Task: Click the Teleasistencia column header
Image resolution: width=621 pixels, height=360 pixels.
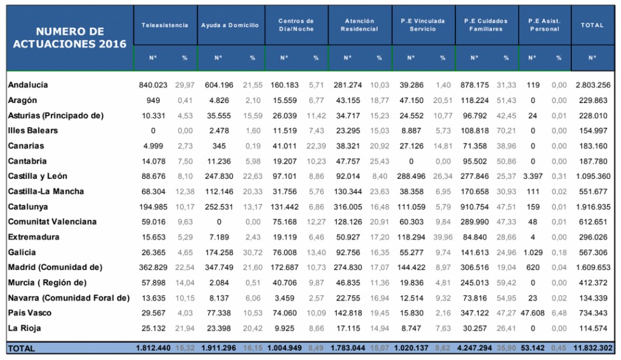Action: click(x=165, y=25)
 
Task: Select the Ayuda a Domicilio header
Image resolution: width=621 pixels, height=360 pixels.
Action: click(x=230, y=25)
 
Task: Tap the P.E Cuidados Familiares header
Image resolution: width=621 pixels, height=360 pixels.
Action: click(x=486, y=25)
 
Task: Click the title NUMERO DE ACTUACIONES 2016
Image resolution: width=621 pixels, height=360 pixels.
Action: click(x=70, y=38)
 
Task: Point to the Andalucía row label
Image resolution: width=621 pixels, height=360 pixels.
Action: click(x=28, y=85)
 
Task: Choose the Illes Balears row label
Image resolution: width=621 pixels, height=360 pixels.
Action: click(x=33, y=130)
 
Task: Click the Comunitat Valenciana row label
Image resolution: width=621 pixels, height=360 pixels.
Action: click(x=52, y=222)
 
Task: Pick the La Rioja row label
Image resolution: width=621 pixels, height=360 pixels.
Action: click(x=24, y=328)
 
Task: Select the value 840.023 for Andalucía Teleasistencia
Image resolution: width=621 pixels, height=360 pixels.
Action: click(x=153, y=85)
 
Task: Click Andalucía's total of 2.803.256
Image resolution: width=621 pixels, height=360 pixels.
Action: click(x=593, y=85)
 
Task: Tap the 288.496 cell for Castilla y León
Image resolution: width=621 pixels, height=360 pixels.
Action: click(x=412, y=176)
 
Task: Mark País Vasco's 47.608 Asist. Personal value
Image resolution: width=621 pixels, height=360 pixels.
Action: click(x=532, y=313)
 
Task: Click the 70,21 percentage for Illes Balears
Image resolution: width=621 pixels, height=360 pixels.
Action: click(x=506, y=131)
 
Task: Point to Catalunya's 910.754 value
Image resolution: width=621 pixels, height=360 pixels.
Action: click(x=474, y=207)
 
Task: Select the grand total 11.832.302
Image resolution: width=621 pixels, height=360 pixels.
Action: click(x=592, y=348)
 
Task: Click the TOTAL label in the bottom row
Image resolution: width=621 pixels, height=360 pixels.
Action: click(x=21, y=348)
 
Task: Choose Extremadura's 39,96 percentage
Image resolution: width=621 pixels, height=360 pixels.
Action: click(x=443, y=238)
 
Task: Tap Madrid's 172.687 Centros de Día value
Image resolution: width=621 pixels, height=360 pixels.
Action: click(x=284, y=268)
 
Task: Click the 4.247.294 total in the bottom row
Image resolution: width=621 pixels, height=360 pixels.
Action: click(x=474, y=348)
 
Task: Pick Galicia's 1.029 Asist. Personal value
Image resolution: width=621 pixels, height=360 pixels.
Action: click(x=532, y=252)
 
